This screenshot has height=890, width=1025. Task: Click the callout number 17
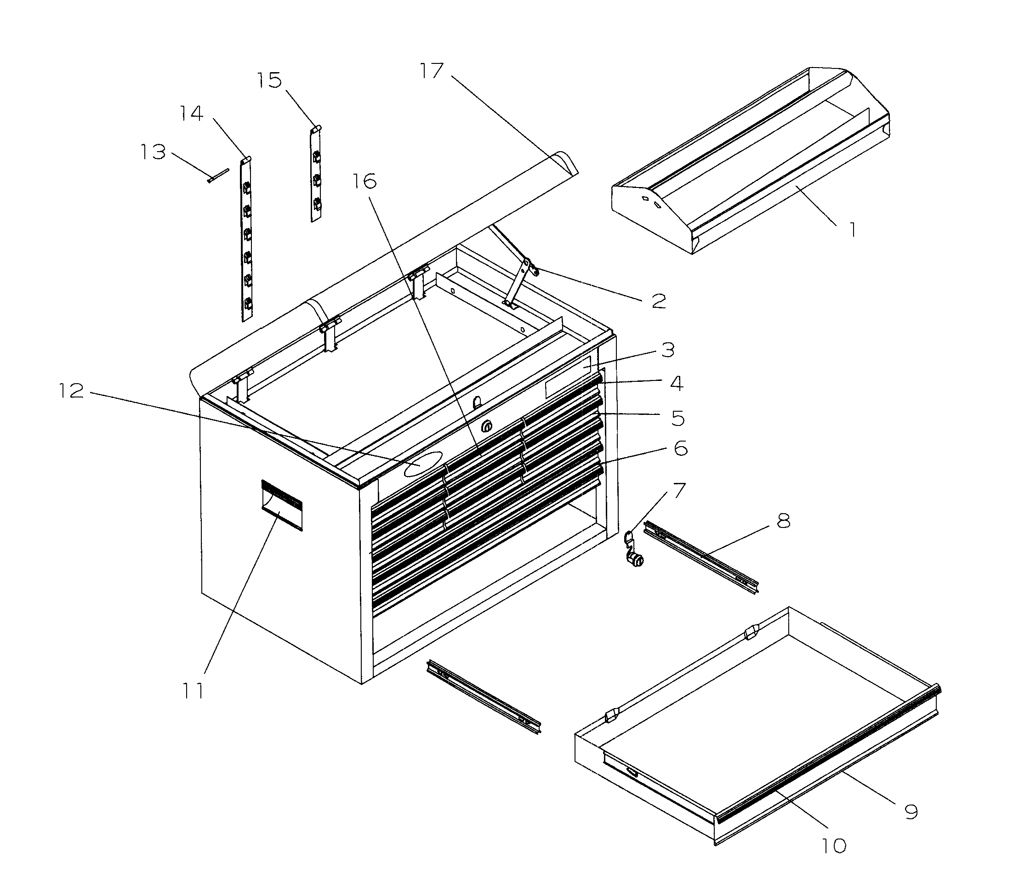431,71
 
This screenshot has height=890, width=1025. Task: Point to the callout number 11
193,691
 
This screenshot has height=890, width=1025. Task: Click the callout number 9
910,811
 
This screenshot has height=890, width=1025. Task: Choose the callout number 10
833,846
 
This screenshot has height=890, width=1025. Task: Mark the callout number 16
364,181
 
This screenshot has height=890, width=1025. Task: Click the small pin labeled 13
217,176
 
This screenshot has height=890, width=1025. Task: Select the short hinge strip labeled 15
315,174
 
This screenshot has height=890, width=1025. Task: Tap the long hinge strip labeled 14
246,238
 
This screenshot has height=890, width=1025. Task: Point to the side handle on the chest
282,505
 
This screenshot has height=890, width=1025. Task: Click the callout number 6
680,448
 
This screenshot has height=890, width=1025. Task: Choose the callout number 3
668,350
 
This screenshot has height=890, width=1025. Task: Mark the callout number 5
678,418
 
